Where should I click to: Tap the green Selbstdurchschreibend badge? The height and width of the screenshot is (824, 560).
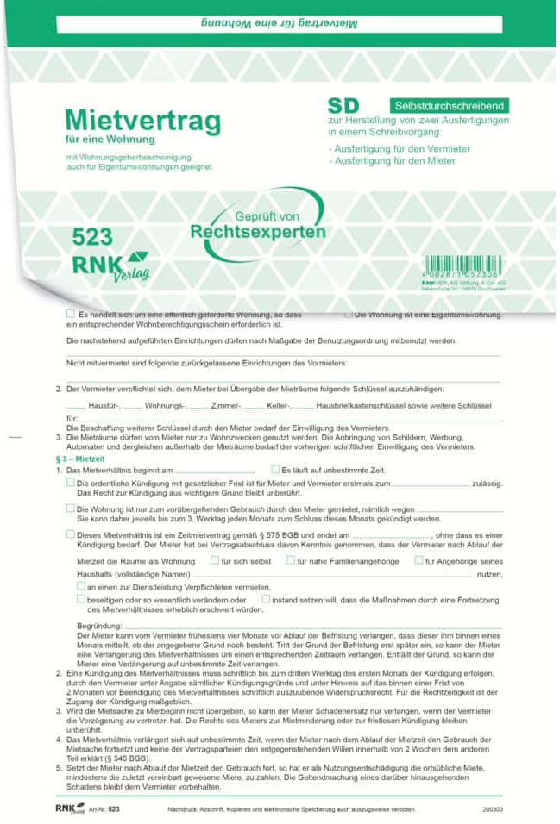(448, 106)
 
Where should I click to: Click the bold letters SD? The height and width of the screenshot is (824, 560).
(343, 106)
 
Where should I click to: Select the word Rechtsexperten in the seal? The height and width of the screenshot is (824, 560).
(258, 232)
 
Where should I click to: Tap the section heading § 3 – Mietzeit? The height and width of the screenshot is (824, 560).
(79, 460)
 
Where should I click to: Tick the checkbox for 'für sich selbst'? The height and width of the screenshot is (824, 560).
(215, 560)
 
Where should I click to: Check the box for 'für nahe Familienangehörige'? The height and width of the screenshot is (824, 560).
(291, 560)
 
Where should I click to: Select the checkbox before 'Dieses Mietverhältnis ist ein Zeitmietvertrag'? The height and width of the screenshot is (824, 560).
(71, 534)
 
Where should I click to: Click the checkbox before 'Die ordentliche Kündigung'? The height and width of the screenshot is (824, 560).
(71, 483)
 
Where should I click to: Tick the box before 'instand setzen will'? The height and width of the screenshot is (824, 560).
(266, 597)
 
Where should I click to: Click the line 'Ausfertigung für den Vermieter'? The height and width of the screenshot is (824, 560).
(400, 148)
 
